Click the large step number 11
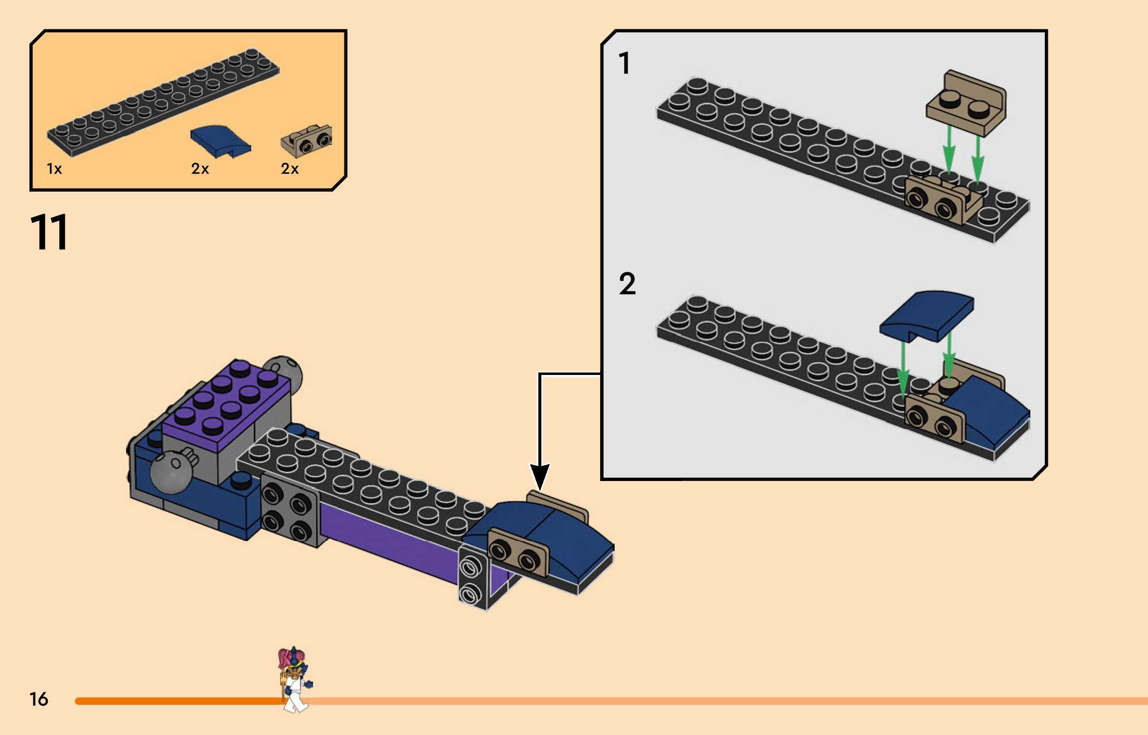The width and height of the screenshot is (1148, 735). coord(49,232)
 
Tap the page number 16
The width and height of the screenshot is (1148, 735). coord(38,699)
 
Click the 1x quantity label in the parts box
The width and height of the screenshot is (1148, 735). coord(54,169)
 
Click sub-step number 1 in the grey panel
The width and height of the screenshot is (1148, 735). coord(624,64)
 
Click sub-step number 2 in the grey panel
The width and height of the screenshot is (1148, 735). coord(627,284)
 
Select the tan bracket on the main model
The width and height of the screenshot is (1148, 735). coord(518,553)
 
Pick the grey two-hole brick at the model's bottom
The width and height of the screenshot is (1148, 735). coord(471,580)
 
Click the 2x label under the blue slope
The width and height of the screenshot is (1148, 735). coord(200,169)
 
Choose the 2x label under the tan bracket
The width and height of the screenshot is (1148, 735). coord(290,169)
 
